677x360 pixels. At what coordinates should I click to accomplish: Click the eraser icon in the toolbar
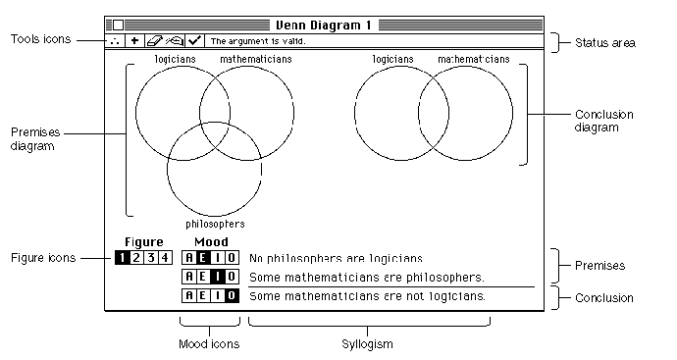pos(155,40)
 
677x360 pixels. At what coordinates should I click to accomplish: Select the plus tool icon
pos(134,40)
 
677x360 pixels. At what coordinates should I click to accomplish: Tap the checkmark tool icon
pos(194,40)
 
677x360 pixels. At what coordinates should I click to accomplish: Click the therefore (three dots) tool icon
pos(115,40)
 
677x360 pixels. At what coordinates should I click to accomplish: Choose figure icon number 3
pos(151,258)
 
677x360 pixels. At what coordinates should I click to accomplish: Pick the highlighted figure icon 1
pos(123,258)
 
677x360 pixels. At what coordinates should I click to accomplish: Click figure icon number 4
pos(165,258)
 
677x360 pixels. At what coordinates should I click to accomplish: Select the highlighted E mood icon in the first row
pos(203,258)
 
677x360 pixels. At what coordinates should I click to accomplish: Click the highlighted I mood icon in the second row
pos(217,277)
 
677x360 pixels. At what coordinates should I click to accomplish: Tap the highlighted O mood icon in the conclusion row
pos(232,295)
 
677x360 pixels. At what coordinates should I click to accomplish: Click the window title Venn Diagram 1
pos(324,26)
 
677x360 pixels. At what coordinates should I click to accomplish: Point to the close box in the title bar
pos(118,26)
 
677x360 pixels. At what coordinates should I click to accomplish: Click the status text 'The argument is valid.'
pos(258,41)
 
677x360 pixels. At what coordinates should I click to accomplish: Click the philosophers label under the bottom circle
pos(215,224)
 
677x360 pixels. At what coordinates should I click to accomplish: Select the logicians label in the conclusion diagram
pos(392,59)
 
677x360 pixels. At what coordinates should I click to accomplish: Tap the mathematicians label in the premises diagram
pos(256,59)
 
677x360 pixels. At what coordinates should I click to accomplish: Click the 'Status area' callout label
pos(605,43)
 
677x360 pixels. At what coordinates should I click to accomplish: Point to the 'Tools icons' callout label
pos(40,39)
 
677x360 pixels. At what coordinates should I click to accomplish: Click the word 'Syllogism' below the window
pos(367,344)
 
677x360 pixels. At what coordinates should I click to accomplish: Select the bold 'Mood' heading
pos(211,241)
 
